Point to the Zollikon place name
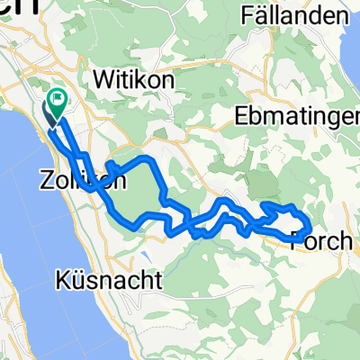78,180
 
